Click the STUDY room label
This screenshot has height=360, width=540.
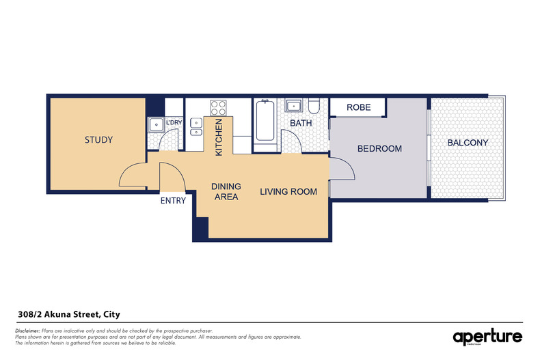click(98, 140)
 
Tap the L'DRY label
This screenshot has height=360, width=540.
click(173, 122)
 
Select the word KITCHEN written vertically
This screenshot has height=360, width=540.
click(219, 137)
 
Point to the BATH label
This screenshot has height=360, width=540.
click(301, 123)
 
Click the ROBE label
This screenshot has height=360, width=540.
click(358, 107)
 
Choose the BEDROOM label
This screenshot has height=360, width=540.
click(379, 148)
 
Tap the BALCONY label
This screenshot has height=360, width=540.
click(468, 143)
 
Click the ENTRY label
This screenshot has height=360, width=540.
click(173, 201)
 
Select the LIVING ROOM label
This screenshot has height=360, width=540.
click(288, 192)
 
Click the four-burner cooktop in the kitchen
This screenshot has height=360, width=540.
click(218, 108)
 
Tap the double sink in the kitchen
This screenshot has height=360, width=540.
click(196, 126)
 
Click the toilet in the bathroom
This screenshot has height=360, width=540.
click(314, 106)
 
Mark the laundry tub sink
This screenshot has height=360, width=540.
click(155, 124)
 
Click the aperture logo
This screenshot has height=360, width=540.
click(487, 336)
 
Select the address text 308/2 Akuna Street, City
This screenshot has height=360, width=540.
click(68, 314)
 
